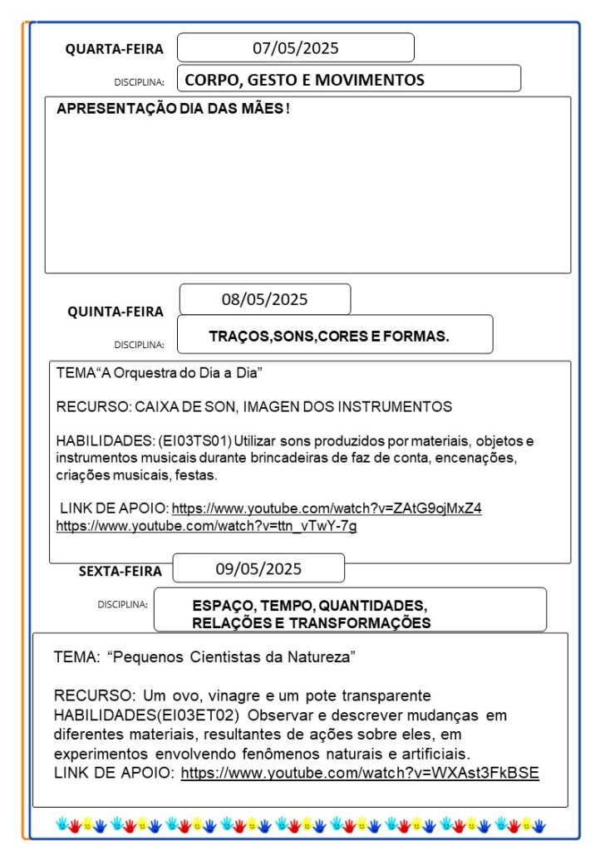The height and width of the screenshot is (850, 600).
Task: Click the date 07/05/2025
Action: click(x=296, y=48)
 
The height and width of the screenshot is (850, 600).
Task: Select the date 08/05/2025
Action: click(x=264, y=299)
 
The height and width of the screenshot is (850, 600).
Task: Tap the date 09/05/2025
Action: click(x=258, y=569)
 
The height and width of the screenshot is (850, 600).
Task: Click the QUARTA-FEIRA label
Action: click(x=115, y=49)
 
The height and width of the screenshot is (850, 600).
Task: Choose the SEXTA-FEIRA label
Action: click(x=120, y=571)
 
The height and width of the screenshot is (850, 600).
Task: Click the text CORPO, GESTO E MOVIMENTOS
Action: click(x=304, y=80)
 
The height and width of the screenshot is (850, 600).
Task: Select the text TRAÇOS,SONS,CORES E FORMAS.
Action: click(x=329, y=337)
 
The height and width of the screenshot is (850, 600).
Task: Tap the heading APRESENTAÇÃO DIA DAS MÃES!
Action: click(x=174, y=109)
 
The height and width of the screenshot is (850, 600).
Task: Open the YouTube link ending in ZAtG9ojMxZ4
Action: click(x=327, y=508)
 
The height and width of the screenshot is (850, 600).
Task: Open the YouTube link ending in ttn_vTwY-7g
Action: click(x=206, y=525)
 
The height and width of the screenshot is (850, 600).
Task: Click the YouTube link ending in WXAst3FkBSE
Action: click(x=360, y=773)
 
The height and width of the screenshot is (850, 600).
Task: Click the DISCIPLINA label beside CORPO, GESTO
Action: click(x=139, y=82)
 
